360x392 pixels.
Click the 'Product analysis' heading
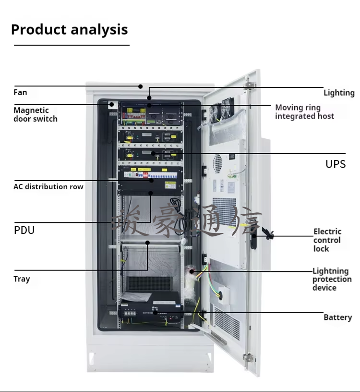[69, 29]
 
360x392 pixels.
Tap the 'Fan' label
[20, 92]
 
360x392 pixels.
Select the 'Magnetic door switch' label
[35, 114]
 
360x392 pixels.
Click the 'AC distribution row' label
[48, 186]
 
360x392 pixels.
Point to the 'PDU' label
[24, 230]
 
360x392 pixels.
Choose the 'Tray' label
[22, 279]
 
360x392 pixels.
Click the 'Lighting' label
[339, 93]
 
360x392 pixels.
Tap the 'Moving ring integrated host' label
[304, 111]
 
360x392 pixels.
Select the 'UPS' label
[336, 164]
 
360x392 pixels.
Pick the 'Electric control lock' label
[327, 240]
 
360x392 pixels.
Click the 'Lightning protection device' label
[332, 279]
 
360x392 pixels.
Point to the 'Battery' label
[337, 317]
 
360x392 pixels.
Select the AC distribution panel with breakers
[150, 178]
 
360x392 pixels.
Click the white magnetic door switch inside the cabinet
[112, 104]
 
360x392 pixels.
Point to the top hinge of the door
[248, 85]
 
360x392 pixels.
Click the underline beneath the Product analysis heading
[72, 45]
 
